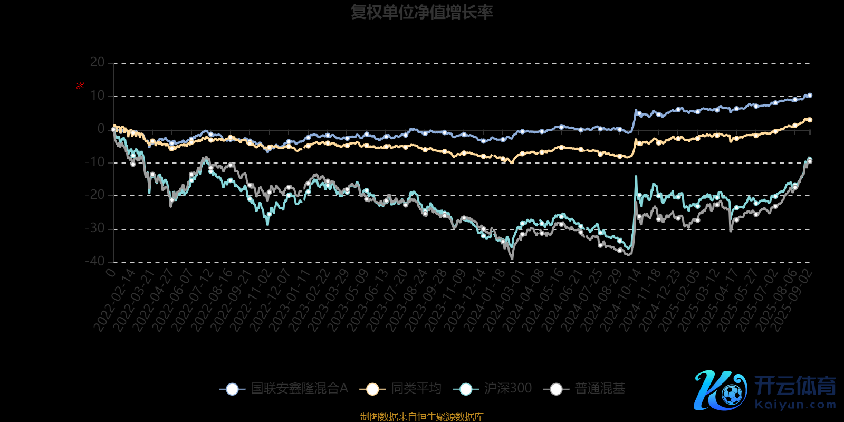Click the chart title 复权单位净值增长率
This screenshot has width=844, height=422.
[x=421, y=12]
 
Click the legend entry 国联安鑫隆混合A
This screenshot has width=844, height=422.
[x=299, y=389]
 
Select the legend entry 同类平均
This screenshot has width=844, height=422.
[x=416, y=389]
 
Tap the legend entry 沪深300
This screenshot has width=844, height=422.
[x=507, y=389]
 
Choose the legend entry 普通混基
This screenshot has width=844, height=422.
[x=599, y=389]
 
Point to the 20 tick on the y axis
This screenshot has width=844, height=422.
[x=98, y=63]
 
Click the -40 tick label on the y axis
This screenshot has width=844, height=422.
[x=95, y=261]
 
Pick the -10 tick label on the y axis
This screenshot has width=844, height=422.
[x=95, y=162]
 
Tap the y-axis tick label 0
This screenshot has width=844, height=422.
[x=101, y=129]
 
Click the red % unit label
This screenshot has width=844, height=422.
[x=80, y=85]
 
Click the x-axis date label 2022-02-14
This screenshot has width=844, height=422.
[x=115, y=301]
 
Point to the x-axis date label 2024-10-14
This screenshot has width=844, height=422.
[x=621, y=301]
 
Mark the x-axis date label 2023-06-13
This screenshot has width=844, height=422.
[x=368, y=301]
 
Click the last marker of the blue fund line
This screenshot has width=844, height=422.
[x=810, y=95]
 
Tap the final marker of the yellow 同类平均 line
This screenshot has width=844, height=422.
[x=810, y=120]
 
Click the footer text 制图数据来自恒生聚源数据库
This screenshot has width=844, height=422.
[x=421, y=417]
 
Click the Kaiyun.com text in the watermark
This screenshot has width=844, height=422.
[x=795, y=405]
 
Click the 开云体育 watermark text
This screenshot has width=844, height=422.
[x=795, y=386]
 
